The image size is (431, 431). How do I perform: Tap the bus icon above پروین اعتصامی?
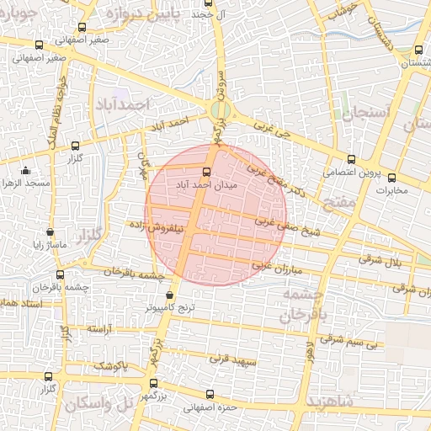coord(351,159)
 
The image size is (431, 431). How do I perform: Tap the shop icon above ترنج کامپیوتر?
coord(171,295)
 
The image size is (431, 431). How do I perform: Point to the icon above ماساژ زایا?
coord(50,232)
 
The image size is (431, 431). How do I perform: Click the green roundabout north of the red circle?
coord(220,109)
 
